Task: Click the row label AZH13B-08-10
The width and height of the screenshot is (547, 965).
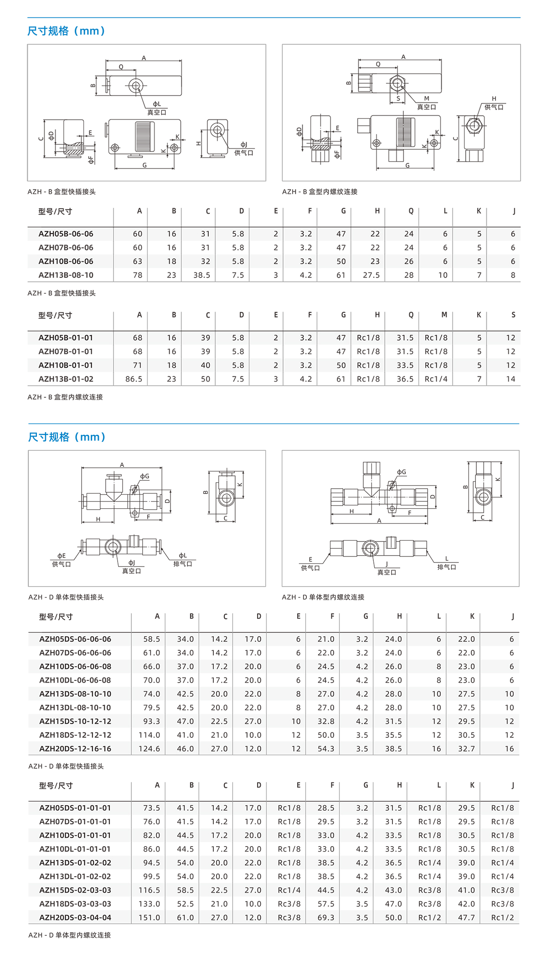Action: [x=66, y=275]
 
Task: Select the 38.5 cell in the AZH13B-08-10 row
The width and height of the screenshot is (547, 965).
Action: [x=201, y=275]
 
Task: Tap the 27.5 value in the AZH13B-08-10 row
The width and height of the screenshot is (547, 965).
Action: [x=371, y=275]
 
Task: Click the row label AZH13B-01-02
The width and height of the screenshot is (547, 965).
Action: [x=66, y=379]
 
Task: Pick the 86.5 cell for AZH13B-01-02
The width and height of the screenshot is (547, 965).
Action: [x=134, y=379]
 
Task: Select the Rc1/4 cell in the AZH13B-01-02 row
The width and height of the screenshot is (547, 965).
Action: [x=436, y=379]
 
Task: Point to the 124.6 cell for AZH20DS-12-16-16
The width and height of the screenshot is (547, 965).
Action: [x=149, y=749]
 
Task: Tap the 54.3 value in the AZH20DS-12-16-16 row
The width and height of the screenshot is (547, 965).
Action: [x=325, y=749]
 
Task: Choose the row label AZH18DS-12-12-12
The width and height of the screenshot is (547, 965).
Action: [x=75, y=735]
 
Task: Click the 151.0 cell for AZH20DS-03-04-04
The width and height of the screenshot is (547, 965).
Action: [x=149, y=918]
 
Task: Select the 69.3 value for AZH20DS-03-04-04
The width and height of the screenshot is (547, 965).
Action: [x=325, y=918]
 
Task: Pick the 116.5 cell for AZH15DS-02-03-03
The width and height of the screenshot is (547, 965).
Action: [x=149, y=890]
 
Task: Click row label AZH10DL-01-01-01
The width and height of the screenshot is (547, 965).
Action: [x=75, y=849]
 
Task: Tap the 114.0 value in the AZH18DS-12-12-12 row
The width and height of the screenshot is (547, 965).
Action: [x=149, y=735]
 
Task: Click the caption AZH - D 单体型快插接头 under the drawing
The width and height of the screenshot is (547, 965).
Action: [x=66, y=597]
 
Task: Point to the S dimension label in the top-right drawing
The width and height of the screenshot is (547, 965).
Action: [x=398, y=98]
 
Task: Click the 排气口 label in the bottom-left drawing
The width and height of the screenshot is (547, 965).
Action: [x=182, y=564]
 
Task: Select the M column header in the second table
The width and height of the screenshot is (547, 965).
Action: [x=444, y=315]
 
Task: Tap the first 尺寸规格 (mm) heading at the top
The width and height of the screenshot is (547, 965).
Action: [x=67, y=31]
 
